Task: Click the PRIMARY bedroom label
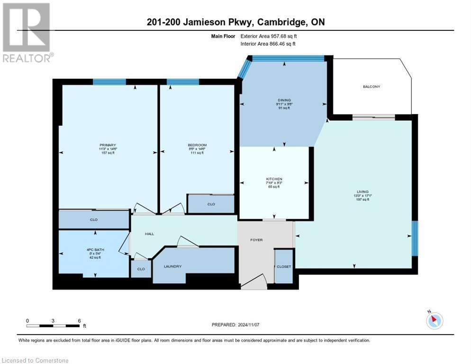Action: (108, 145)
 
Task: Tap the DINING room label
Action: (284, 100)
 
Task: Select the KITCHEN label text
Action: (274, 179)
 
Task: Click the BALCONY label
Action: (371, 87)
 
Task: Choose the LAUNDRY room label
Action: (173, 266)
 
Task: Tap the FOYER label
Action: (256, 240)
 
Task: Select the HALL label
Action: (150, 234)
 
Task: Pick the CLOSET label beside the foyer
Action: (284, 266)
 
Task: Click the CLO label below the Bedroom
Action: (211, 204)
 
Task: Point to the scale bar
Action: (53, 326)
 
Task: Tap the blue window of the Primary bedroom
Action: (109, 82)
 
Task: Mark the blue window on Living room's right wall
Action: (415, 239)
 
